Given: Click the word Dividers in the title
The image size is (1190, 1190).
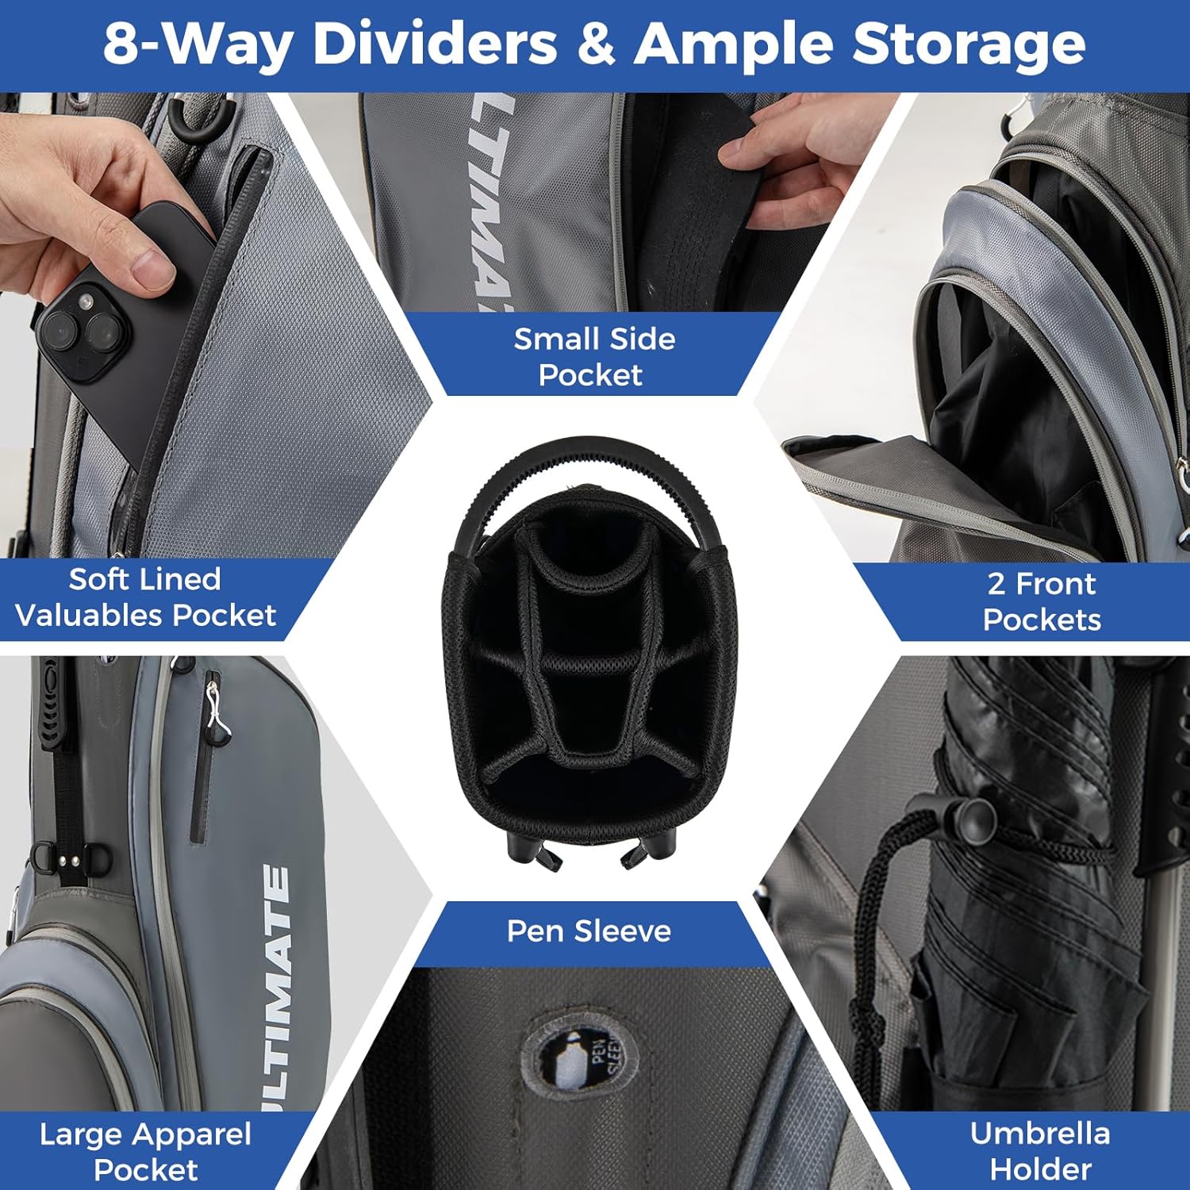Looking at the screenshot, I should (x=435, y=44).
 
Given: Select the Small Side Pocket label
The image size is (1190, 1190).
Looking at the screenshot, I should (x=593, y=356).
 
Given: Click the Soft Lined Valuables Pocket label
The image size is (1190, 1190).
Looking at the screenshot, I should (x=145, y=597).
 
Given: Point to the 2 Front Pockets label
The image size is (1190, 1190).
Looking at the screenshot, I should (x=1042, y=601).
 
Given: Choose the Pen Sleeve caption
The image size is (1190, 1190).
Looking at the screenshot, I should (x=589, y=931).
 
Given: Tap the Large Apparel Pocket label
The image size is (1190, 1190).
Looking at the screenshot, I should (x=146, y=1152).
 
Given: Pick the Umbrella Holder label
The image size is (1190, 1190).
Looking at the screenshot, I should (x=1040, y=1150).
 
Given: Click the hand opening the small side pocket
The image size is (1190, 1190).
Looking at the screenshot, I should (x=801, y=151).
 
